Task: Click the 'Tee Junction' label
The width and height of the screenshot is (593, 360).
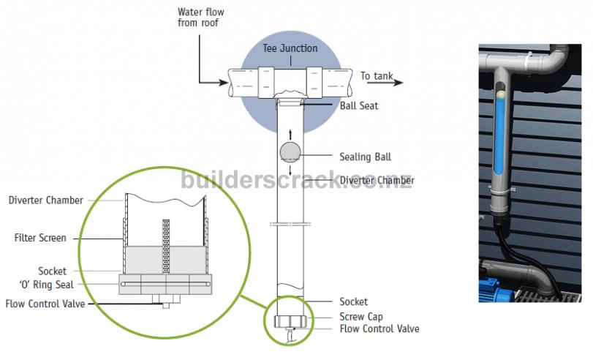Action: (x=290, y=48)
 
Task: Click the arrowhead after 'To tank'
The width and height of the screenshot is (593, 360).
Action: (x=399, y=82)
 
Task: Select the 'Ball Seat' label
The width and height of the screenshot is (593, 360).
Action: (x=359, y=105)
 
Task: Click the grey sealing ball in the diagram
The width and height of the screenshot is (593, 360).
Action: (x=291, y=153)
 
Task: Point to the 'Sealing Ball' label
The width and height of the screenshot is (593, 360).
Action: (x=365, y=157)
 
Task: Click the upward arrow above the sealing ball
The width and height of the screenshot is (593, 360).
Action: (x=291, y=132)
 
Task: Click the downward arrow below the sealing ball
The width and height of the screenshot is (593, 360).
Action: (x=291, y=172)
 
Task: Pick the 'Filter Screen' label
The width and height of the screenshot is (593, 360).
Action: (x=40, y=238)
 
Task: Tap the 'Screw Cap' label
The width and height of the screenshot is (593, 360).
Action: (x=361, y=317)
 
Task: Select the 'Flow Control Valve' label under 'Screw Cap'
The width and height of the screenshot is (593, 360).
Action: (x=379, y=329)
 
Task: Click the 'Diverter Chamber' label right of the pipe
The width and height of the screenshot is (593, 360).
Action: (x=377, y=180)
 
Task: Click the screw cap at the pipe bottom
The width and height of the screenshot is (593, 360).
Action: (x=291, y=320)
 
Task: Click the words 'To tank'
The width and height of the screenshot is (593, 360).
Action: (x=376, y=75)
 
